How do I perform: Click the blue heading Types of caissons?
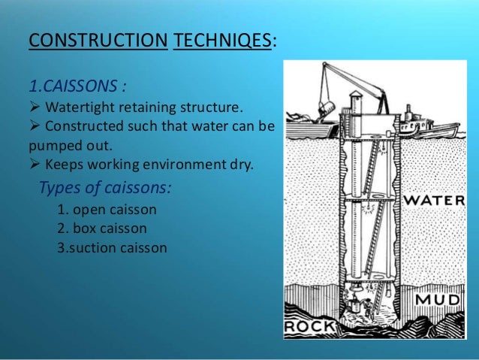(104, 187)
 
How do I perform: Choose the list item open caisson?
(101, 210)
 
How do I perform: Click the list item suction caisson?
(112, 247)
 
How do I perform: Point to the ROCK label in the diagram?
(307, 328)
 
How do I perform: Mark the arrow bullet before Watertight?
(35, 104)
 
